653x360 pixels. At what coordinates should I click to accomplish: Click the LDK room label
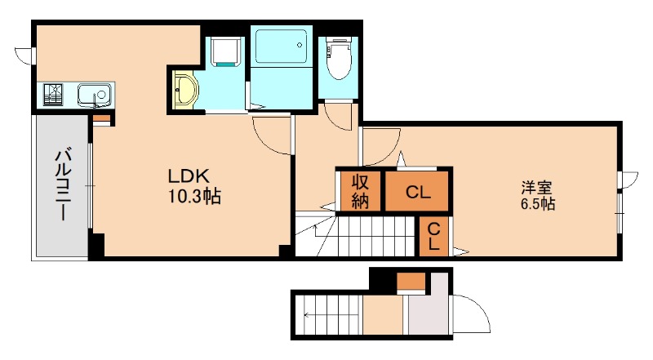point(189,176)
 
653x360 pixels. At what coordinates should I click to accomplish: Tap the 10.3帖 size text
point(194,196)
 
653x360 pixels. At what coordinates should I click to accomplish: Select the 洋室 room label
point(536,187)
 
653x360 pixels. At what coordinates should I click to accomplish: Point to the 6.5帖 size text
point(538,204)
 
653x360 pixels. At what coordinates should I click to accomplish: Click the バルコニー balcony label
point(63,185)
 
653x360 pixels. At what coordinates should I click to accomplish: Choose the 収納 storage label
point(360,191)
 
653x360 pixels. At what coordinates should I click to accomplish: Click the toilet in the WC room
point(338,57)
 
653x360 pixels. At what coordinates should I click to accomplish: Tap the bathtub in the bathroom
point(281,46)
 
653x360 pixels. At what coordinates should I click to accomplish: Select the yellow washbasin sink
point(184,90)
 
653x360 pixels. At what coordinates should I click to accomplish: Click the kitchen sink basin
point(95,94)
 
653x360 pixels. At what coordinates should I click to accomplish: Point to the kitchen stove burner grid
point(53,94)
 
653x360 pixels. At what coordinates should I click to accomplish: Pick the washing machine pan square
point(226,51)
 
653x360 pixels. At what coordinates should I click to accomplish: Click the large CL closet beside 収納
point(417,192)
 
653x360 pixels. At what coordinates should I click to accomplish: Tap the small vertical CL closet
point(433,236)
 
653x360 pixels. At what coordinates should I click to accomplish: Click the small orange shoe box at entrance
point(411,281)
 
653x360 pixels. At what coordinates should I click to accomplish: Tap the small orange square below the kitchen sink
point(101,118)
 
